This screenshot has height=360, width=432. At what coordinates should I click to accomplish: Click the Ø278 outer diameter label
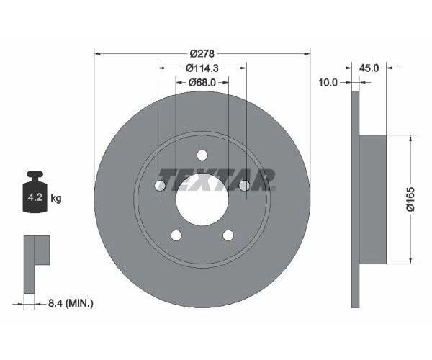(202, 53)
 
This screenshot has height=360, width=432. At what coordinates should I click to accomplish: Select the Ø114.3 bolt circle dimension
(202, 68)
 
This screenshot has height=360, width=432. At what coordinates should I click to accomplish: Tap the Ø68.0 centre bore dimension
(202, 82)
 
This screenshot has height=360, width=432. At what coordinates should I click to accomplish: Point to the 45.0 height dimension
(369, 68)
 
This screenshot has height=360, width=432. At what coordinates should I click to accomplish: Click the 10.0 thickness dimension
(328, 82)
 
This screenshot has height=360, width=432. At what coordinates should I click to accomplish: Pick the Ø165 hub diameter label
(410, 199)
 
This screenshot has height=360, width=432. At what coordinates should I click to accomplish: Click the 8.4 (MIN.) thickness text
(71, 304)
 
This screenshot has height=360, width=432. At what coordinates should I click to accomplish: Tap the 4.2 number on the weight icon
(35, 197)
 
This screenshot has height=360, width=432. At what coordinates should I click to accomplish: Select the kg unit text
(56, 198)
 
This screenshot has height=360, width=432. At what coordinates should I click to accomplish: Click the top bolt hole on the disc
(202, 155)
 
